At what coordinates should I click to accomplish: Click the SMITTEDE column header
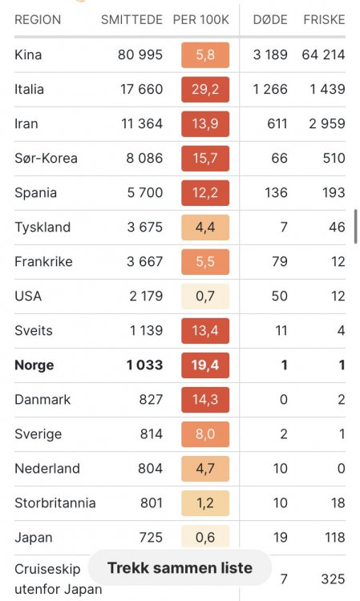coord(131,19)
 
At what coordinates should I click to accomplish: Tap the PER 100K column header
coord(201,19)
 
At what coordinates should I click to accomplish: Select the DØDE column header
coord(270,19)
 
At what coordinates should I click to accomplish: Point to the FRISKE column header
coord(325,19)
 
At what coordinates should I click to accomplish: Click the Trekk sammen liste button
coord(180,567)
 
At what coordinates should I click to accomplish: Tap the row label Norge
coord(34,365)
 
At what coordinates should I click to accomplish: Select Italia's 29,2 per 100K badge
coord(205,89)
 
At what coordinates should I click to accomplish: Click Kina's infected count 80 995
coord(140,54)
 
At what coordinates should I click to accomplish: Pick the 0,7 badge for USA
coord(205,296)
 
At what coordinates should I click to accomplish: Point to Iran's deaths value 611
coord(277,123)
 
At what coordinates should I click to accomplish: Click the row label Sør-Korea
coord(46,159)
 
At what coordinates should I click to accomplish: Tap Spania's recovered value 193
coord(334,193)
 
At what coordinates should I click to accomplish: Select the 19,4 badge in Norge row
coord(205,365)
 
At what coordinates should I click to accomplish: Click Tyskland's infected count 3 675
coord(145,228)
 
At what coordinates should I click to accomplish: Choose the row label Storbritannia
coord(55,503)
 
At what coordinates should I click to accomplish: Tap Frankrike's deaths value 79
coord(280,262)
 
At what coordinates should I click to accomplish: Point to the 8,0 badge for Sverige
coord(205,434)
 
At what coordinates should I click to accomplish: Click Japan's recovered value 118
coord(334,538)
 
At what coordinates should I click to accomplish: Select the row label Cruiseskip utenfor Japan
coord(59,579)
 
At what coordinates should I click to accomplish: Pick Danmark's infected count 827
coord(151,400)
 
